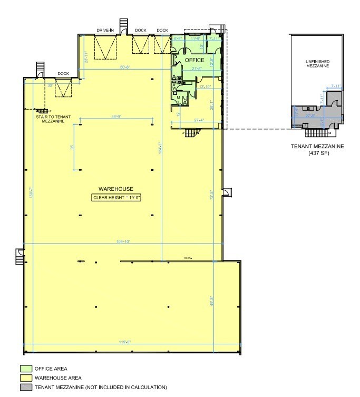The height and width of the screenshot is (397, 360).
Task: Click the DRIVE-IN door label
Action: (x=105, y=31)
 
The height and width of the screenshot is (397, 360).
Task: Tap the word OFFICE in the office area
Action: (x=194, y=61)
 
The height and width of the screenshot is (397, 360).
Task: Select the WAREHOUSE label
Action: (x=115, y=189)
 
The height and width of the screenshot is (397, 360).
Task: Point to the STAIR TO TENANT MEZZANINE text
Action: (x=51, y=119)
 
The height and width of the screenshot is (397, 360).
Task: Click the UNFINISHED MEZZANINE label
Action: (x=318, y=64)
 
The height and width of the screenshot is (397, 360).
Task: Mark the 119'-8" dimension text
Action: (x=124, y=342)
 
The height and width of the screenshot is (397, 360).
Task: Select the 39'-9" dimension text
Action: (x=116, y=117)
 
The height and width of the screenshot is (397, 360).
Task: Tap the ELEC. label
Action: (x=188, y=257)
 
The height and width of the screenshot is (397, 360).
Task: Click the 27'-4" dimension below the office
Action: (x=199, y=121)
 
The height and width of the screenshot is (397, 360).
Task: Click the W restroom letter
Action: (x=173, y=88)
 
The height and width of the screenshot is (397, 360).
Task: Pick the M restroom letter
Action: (x=178, y=98)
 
